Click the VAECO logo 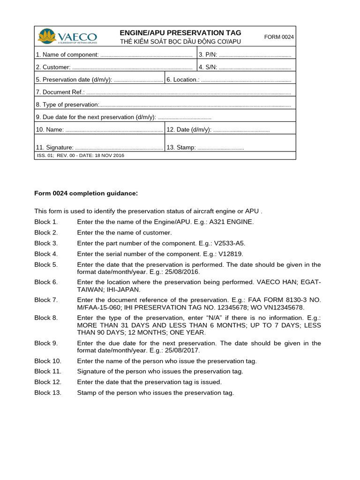[x=67, y=37]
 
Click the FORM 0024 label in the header [x=279, y=37]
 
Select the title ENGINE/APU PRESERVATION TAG [x=180, y=33]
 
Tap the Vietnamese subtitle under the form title [x=180, y=42]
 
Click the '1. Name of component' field [x=146, y=55]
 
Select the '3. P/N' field [x=255, y=55]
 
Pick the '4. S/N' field [x=255, y=67]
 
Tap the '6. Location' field [x=245, y=80]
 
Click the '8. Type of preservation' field [x=195, y=105]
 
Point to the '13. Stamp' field [x=220, y=147]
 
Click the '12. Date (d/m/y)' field [x=241, y=129]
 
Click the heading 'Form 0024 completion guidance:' [x=86, y=193]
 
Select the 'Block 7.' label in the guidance [x=46, y=300]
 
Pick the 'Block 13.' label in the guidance [x=48, y=393]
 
